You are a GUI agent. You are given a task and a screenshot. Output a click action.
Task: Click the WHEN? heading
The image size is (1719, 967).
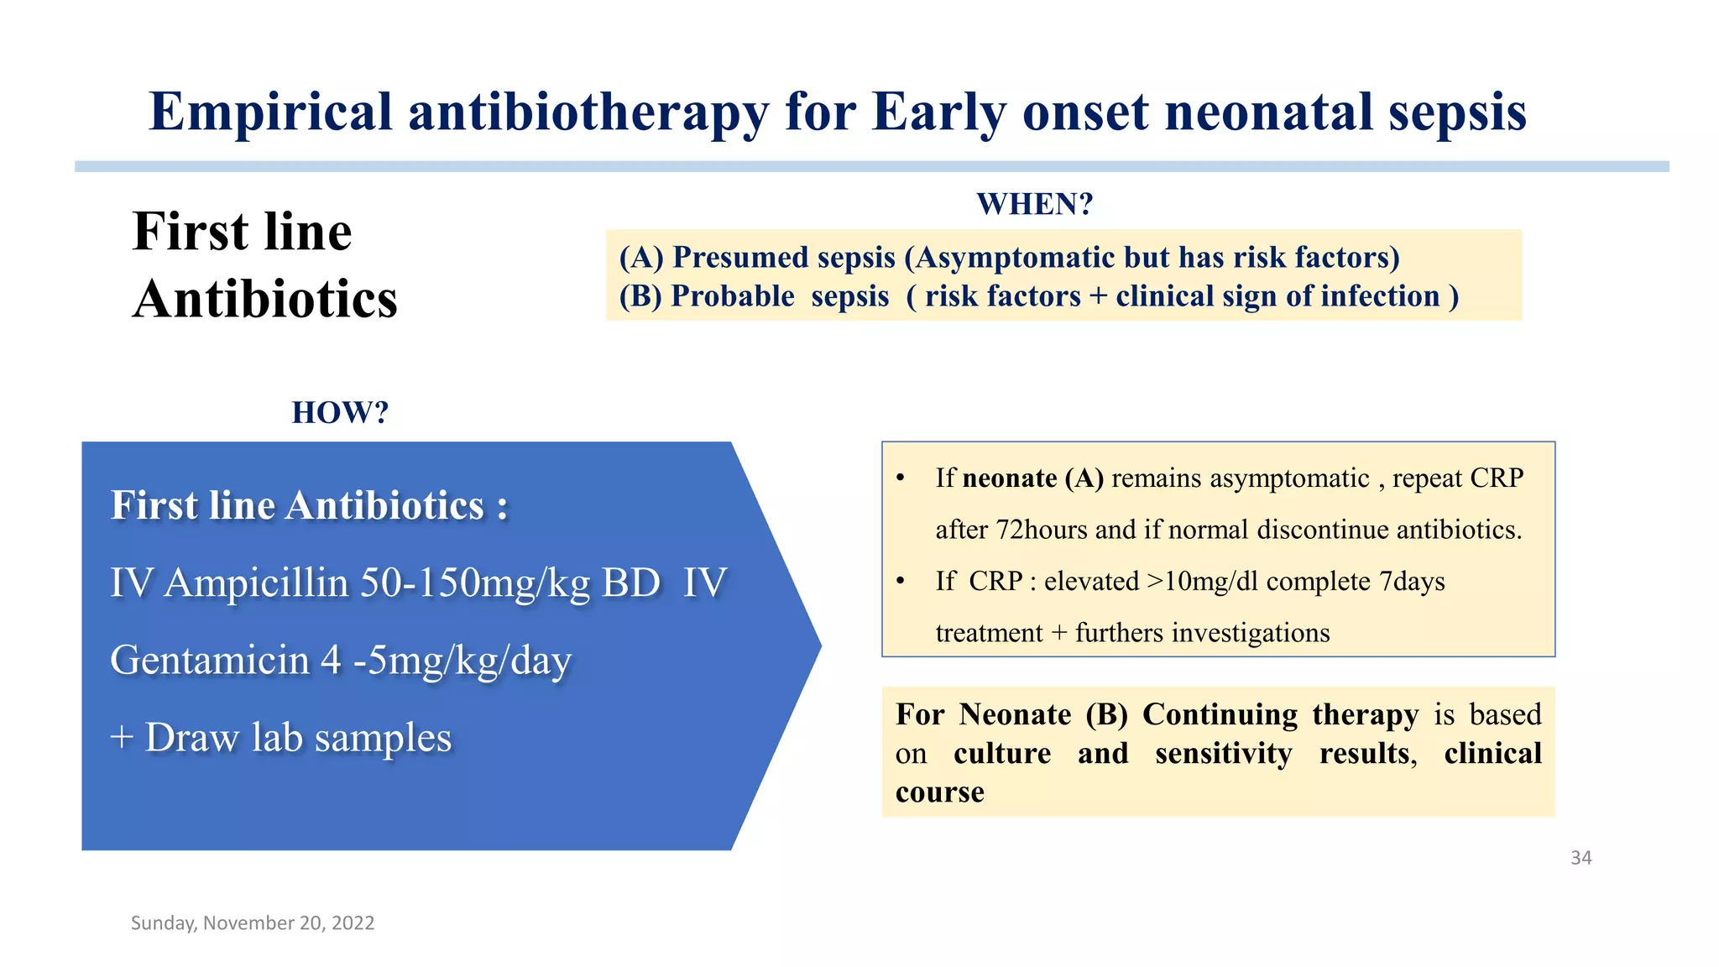[x=1034, y=204]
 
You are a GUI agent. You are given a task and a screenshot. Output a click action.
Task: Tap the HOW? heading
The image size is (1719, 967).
[x=340, y=412]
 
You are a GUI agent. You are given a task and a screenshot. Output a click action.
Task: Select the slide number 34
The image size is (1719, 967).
[x=1581, y=858]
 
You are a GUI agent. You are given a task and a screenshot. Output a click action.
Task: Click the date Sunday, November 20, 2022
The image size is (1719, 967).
[x=253, y=923]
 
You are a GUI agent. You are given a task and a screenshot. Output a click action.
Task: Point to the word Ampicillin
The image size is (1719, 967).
[x=256, y=583]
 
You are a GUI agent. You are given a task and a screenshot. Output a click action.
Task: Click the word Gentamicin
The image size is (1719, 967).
[x=210, y=660]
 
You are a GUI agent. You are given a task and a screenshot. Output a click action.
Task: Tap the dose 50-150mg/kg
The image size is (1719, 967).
[x=475, y=583]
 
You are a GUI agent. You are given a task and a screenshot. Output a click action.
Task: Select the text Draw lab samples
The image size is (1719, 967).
[x=298, y=738]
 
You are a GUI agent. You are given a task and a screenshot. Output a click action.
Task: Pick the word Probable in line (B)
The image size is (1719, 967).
[x=732, y=296]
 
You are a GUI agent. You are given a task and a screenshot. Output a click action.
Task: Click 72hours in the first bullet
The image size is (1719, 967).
[x=1042, y=530]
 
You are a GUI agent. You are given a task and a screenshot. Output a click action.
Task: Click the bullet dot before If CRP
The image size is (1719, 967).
[x=901, y=581]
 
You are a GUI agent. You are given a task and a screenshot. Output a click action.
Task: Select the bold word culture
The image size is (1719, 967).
[x=1002, y=753]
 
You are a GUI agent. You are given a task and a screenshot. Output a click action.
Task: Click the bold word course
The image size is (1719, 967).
[x=939, y=792]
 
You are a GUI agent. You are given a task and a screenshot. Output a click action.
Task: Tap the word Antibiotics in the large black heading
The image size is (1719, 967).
[x=265, y=299]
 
